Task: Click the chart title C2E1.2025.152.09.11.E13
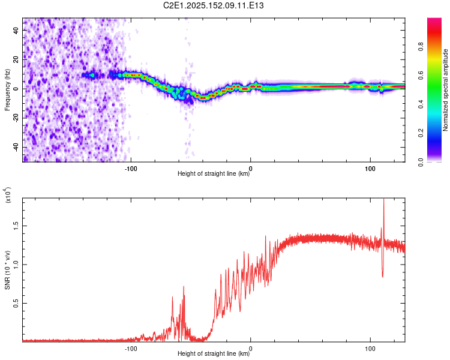click(x=213, y=5)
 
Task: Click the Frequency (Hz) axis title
click(x=7, y=90)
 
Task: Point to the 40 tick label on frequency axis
click(x=16, y=30)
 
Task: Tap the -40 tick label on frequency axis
click(x=16, y=148)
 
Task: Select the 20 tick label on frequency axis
click(x=16, y=59)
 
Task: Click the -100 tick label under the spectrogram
click(x=131, y=169)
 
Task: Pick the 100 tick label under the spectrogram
click(x=370, y=169)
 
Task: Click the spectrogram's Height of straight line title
click(x=214, y=173)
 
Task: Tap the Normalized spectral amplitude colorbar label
click(x=445, y=90)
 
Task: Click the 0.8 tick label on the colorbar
click(x=421, y=47)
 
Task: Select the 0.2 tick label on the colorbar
click(x=421, y=133)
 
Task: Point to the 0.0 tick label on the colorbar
click(x=421, y=162)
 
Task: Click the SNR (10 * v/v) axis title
click(x=8, y=270)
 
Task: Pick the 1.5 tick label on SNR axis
click(x=16, y=226)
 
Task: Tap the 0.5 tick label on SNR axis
click(x=16, y=303)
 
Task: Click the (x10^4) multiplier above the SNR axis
click(x=8, y=195)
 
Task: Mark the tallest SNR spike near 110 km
click(x=384, y=199)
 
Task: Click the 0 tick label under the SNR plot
click(x=251, y=349)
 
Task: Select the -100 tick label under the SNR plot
click(x=131, y=349)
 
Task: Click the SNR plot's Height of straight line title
click(x=214, y=353)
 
